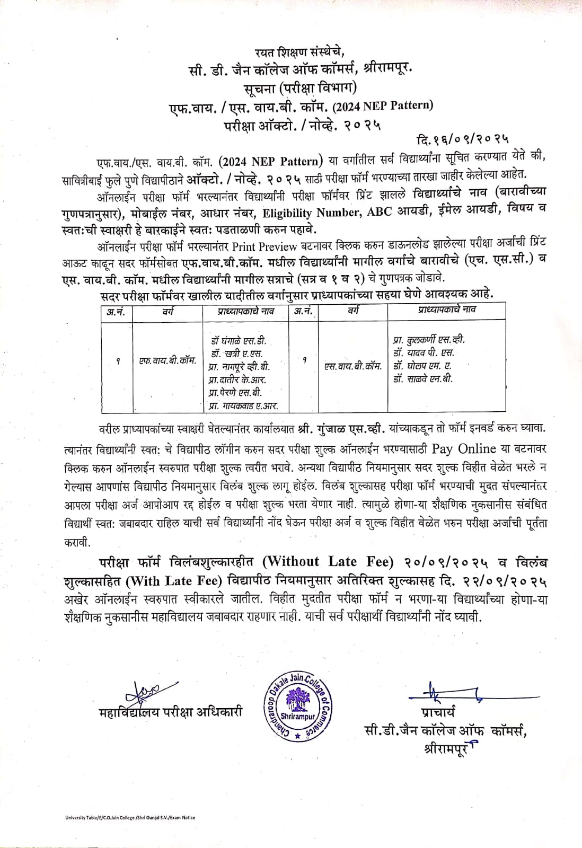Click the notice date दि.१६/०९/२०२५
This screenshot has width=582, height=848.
pos(463,139)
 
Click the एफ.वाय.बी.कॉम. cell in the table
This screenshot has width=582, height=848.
pos(167,361)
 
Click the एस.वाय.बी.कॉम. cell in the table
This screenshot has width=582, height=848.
pos(353,366)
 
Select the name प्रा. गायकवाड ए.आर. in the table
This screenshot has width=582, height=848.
pos(243,406)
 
